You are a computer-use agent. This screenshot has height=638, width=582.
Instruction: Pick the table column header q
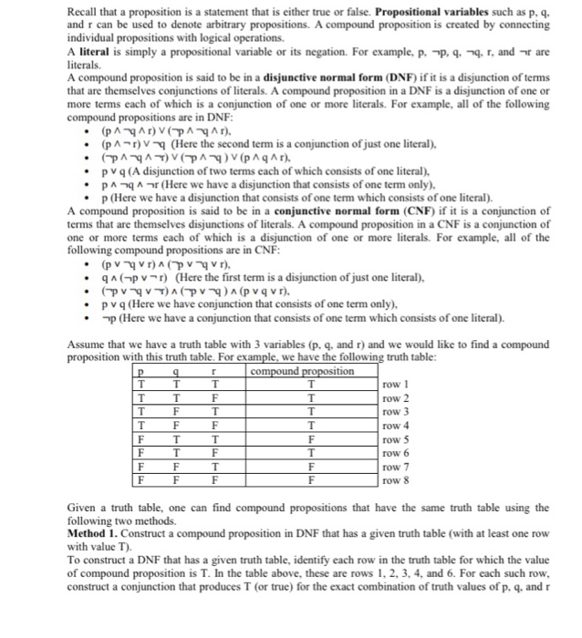coord(175,373)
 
